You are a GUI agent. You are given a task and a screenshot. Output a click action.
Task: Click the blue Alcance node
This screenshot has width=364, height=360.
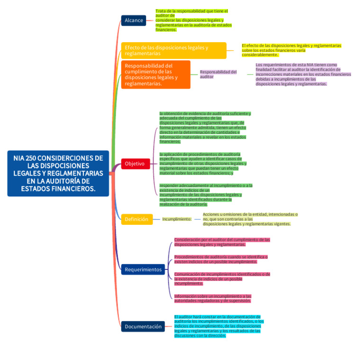click(133, 20)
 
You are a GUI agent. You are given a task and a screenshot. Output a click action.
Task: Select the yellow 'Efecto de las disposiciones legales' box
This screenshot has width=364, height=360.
click(173, 50)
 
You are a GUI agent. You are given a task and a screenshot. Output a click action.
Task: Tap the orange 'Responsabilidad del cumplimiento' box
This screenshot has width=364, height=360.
click(155, 74)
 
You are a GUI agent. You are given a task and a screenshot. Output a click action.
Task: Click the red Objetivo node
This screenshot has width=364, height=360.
click(135, 164)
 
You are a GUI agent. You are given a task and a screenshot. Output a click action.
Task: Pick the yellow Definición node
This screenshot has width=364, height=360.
click(136, 219)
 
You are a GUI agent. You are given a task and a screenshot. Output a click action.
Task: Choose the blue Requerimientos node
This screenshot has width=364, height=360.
click(143, 269)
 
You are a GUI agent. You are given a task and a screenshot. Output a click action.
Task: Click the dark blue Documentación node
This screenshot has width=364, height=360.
click(143, 326)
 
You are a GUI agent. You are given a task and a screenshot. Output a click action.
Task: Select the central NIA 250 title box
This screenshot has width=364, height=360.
click(58, 173)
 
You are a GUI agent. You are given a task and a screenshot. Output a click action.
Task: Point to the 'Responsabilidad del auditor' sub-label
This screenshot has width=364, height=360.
click(218, 74)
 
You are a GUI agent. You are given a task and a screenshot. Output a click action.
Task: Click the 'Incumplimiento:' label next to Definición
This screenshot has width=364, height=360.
click(177, 219)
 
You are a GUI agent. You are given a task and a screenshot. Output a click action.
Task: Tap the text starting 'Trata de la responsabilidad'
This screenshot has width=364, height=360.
click(193, 20)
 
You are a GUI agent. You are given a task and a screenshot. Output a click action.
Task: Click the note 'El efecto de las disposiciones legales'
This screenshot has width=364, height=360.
click(291, 50)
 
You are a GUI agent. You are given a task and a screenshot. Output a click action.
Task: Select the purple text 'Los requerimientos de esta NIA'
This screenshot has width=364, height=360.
click(303, 74)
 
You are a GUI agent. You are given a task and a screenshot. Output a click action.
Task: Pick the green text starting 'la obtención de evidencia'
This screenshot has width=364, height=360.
click(205, 127)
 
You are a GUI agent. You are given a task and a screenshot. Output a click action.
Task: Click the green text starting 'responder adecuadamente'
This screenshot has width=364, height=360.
click(205, 195)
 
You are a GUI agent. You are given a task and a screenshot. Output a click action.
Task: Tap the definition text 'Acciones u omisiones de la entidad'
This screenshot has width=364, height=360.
click(250, 219)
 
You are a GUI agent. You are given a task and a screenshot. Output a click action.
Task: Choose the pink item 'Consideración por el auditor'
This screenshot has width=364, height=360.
click(222, 242)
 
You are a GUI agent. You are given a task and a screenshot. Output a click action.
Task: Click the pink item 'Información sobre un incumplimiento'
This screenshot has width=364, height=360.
click(212, 298)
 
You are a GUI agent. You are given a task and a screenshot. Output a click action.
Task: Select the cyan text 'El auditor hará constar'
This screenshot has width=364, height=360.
click(218, 326)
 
